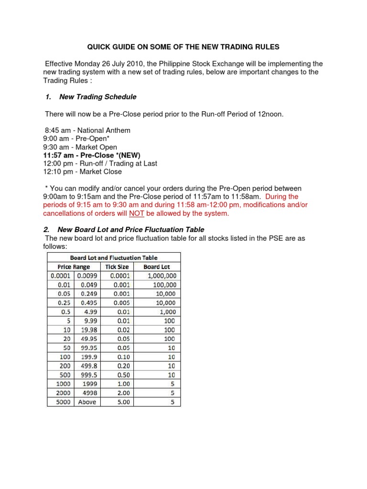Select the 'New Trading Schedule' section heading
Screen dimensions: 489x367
[97, 96]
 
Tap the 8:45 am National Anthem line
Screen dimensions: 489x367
[87, 130]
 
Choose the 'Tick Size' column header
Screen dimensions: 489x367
[117, 266]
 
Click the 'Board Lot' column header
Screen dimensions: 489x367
[156, 266]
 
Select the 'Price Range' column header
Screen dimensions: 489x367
[74, 266]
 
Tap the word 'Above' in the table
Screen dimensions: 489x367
[86, 402]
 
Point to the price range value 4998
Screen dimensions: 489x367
[87, 393]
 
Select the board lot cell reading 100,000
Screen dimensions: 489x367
[162, 285]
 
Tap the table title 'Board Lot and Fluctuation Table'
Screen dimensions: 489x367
[114, 257]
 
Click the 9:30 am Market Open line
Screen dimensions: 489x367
[80, 147]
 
